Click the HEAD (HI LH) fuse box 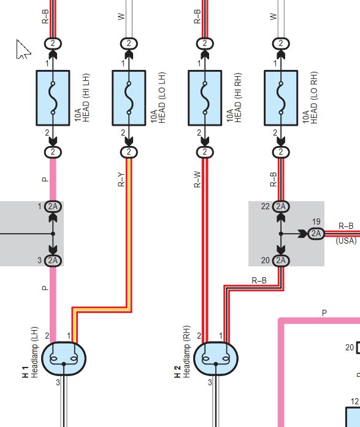click(x=53, y=98)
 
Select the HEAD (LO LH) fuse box click(x=129, y=98)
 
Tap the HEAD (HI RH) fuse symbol click(x=205, y=98)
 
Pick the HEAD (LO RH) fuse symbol click(x=281, y=98)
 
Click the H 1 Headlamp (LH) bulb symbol click(x=64, y=359)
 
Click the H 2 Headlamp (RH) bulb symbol click(x=216, y=359)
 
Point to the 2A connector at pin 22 click(x=281, y=206)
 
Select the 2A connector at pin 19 click(x=316, y=233)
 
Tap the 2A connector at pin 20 click(x=281, y=260)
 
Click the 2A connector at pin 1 click(x=53, y=206)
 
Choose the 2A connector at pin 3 click(x=53, y=260)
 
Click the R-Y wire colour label click(x=121, y=180)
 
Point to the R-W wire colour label click(x=197, y=180)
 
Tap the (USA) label click(x=346, y=240)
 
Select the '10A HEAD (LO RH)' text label click(x=310, y=98)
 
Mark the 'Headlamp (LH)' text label click(x=34, y=352)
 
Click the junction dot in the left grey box click(x=53, y=234)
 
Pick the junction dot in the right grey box click(x=281, y=234)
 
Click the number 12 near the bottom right click(x=355, y=401)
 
